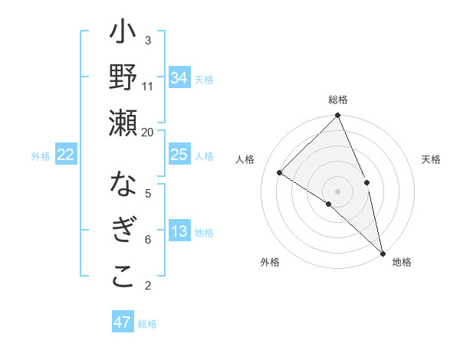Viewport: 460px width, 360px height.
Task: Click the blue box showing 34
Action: click(179, 78)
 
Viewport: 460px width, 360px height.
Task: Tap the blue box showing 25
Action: click(179, 155)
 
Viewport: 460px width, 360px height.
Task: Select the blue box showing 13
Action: click(179, 232)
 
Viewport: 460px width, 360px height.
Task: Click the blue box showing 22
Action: click(65, 155)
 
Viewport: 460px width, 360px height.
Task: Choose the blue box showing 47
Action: click(123, 322)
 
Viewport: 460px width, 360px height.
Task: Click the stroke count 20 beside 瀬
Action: click(148, 132)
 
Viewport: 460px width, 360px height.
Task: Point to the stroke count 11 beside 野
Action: click(148, 86)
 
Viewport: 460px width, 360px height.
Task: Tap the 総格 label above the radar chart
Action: click(338, 100)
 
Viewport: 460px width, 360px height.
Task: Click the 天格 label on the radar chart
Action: click(431, 160)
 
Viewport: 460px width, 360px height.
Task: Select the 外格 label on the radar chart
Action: click(270, 263)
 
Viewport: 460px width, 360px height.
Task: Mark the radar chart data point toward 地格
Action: click(383, 252)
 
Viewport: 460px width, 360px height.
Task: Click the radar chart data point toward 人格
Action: click(280, 172)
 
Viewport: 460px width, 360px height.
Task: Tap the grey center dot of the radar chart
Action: click(338, 191)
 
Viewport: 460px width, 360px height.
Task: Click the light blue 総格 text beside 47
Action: click(147, 324)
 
